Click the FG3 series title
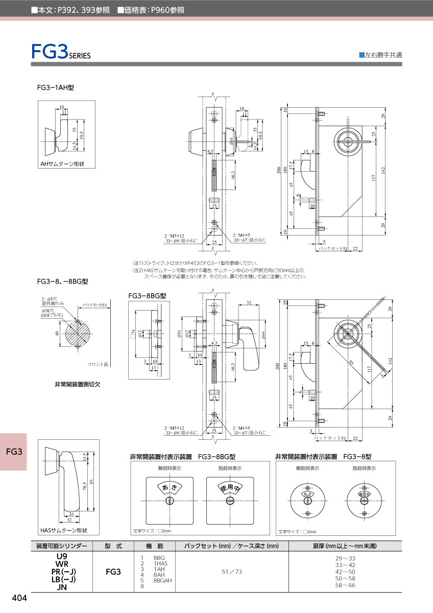60,52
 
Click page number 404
19,598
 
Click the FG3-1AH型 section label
56,88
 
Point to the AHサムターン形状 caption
62,164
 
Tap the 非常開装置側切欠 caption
77,384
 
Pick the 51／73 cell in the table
232,572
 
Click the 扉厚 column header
345,546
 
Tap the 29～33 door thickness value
345,558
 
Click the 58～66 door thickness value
345,585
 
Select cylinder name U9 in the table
62,556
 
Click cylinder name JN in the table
62,587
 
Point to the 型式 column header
113,546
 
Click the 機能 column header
154,546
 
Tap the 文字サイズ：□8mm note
152,531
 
